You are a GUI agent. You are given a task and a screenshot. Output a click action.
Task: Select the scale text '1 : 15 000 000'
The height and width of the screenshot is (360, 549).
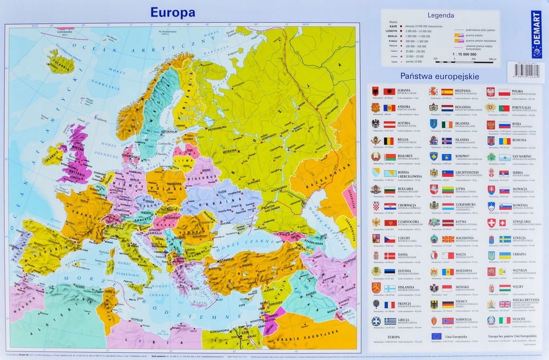tap(464, 54)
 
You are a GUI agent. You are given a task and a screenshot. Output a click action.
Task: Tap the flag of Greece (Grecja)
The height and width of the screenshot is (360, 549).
tap(390, 321)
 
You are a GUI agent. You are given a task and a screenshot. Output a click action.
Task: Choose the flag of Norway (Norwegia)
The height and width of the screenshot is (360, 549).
tap(447, 320)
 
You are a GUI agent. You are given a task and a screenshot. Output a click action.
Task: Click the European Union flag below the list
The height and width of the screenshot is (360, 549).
tap(437, 336)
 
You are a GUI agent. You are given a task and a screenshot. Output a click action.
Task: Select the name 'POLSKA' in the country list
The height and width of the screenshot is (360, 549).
tap(517, 91)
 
